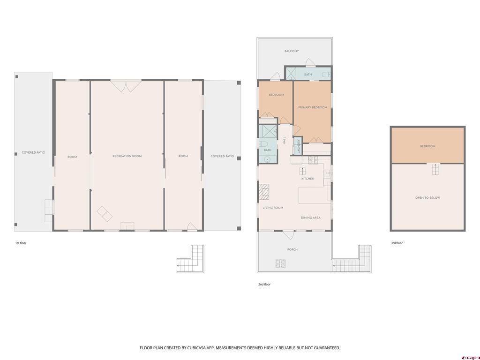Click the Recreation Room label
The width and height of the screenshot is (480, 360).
127,156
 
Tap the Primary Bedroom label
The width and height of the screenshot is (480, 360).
313,107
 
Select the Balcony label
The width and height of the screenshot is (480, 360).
292,51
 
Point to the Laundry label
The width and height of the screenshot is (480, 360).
299,146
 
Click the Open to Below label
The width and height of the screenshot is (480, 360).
427,198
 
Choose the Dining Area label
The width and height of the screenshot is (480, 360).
311,217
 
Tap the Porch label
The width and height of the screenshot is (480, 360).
292,249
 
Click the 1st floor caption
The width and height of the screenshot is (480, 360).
21,243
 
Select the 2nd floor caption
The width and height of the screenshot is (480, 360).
264,285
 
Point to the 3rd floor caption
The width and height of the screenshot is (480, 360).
397,243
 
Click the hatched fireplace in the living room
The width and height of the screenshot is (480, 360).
264,191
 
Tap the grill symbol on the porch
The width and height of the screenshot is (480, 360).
280,263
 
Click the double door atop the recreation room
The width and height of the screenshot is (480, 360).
126,86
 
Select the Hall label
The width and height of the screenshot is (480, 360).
285,141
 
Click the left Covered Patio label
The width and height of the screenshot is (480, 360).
33,152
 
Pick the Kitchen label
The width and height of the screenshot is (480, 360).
307,179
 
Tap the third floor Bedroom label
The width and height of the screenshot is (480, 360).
427,146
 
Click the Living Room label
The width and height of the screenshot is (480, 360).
273,208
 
